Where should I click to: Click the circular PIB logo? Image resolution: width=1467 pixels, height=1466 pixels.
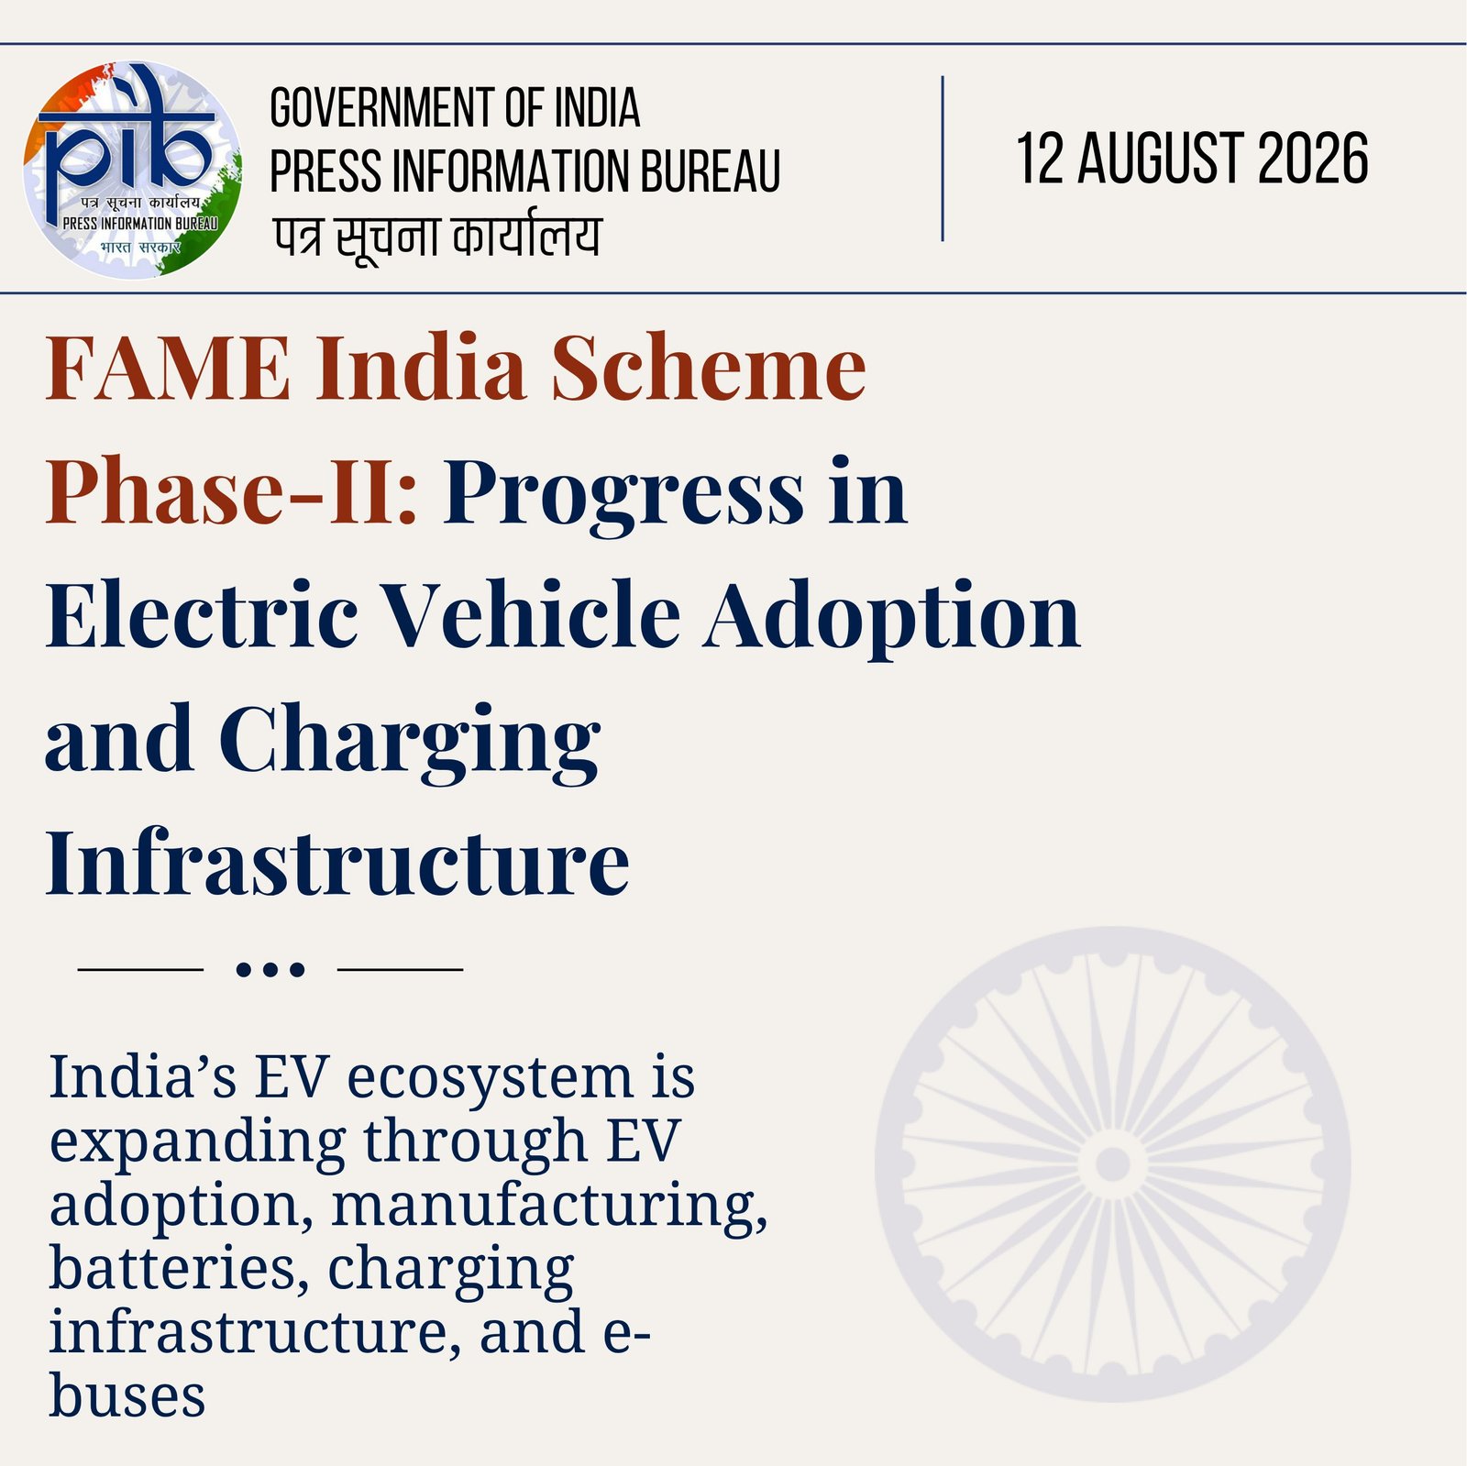(x=134, y=170)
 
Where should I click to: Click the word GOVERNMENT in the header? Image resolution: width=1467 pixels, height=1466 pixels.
(x=383, y=108)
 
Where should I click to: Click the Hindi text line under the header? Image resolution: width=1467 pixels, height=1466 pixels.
(x=437, y=237)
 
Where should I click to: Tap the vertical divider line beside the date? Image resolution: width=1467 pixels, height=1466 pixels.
(x=943, y=159)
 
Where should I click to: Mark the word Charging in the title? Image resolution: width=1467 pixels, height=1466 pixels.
(x=409, y=743)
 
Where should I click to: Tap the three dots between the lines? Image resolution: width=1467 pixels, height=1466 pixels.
(x=270, y=969)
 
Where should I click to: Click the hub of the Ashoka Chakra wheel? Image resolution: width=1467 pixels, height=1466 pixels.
(x=1112, y=1164)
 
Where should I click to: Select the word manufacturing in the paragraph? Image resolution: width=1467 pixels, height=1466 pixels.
(x=550, y=1206)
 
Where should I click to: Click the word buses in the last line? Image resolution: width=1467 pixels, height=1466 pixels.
(x=127, y=1396)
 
